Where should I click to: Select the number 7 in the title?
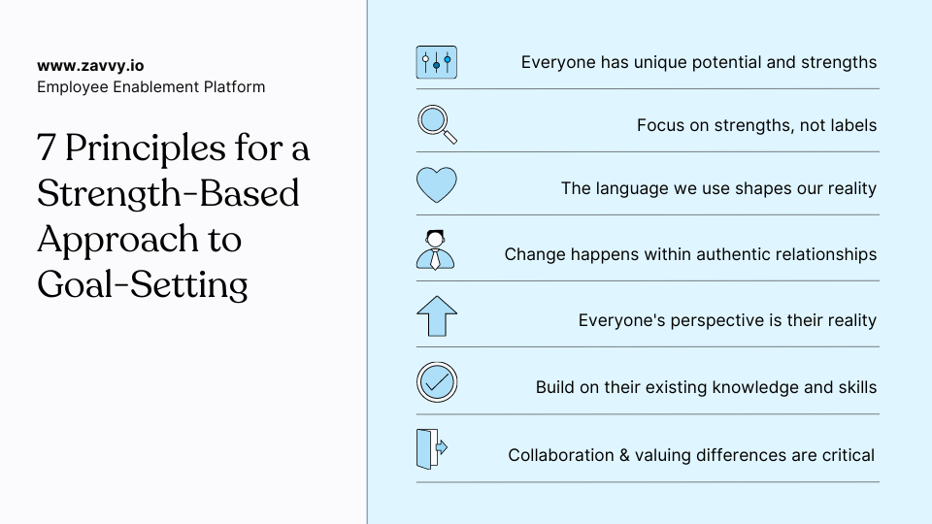(46, 149)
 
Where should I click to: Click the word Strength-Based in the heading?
(168, 193)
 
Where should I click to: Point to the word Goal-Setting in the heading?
(143, 284)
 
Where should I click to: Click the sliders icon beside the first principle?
(436, 62)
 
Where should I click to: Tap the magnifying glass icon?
(436, 124)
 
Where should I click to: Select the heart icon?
(436, 184)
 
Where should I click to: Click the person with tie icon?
(436, 249)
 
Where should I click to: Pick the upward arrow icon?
(436, 316)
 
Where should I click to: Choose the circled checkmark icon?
(436, 382)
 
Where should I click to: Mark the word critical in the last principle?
(848, 455)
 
